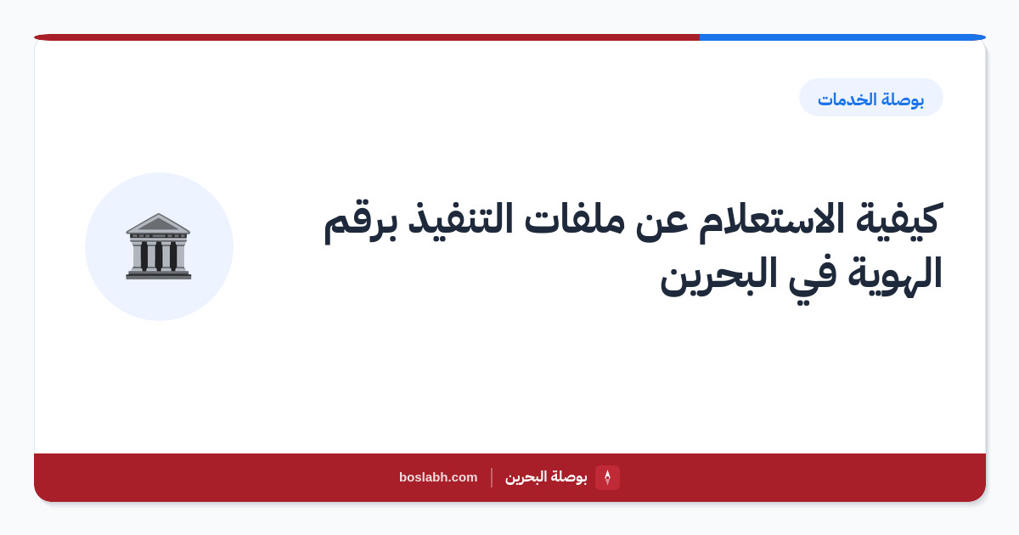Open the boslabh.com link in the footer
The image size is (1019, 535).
438,477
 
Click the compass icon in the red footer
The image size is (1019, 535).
607,477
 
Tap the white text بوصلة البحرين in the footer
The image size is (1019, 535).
546,477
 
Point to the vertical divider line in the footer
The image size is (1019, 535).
492,477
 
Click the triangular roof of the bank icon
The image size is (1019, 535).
158,223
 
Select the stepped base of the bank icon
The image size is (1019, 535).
159,274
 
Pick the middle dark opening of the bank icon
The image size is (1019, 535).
159,256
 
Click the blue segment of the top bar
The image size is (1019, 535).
842,37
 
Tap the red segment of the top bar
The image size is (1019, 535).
367,37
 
